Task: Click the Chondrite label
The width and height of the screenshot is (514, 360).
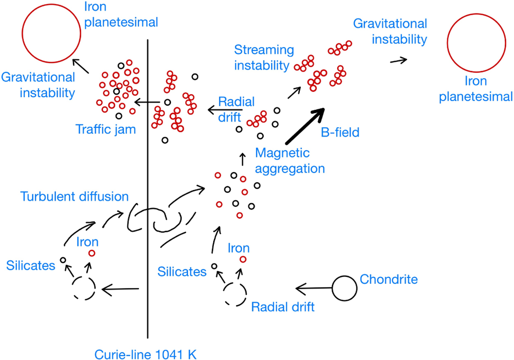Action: coord(388,279)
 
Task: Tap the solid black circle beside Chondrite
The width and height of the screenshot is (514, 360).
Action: coord(344,288)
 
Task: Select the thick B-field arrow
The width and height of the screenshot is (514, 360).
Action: coord(305,126)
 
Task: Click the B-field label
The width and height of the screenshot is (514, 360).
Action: coord(340,132)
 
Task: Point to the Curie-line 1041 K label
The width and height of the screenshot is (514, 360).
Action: coord(146,355)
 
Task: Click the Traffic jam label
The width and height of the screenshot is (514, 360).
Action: coord(105,129)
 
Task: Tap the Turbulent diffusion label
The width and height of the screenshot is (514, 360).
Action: coord(75,197)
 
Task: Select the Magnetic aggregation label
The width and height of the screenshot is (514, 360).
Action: coord(290,161)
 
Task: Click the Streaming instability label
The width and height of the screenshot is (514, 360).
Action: coord(264,57)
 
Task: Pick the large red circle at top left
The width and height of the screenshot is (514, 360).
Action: coord(51,33)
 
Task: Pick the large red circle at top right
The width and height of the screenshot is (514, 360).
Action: coord(476,43)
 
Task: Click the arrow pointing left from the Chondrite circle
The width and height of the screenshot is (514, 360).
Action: coord(314,288)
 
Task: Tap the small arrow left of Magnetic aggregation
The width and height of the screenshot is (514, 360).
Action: coord(242,159)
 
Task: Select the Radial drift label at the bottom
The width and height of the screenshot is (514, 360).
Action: coord(283,307)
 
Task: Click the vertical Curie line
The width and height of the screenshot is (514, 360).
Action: coord(147,189)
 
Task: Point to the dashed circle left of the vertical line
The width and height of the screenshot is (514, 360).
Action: coord(84,288)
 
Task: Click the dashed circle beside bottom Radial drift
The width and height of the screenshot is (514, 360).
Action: coord(235,294)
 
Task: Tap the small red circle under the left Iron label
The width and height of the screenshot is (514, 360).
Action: coord(92,253)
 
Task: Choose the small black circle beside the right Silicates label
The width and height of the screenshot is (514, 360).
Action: coord(214,266)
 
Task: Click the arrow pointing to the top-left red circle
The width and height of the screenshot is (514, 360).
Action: coord(81,66)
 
